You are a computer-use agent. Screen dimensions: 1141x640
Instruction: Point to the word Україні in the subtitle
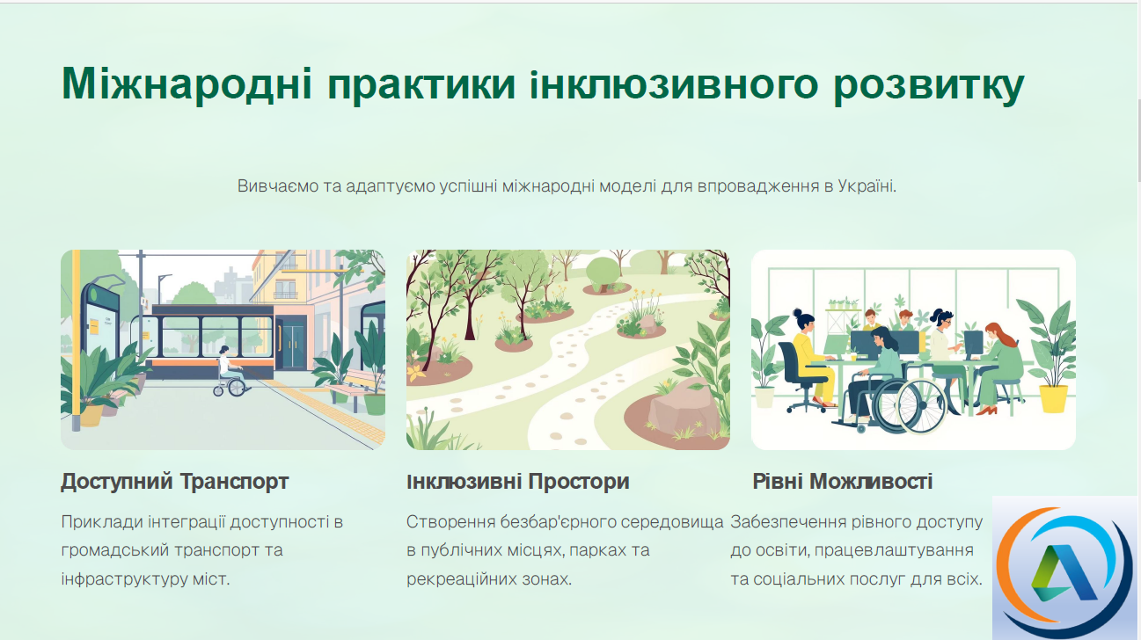(867, 185)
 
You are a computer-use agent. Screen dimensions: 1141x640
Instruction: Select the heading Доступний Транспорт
(175, 481)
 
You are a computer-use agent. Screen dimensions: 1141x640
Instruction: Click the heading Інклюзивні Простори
(518, 481)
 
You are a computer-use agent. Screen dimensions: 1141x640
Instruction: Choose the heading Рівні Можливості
(843, 481)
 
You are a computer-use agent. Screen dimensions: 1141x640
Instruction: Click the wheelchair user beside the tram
(230, 372)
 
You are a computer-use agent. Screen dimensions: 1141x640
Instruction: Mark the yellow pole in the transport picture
(76, 338)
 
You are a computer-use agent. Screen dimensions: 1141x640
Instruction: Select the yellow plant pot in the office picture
(1053, 398)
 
